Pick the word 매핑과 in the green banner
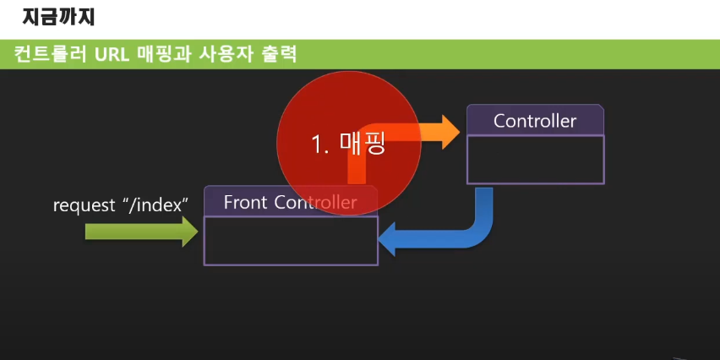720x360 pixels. point(163,54)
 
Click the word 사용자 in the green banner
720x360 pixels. point(225,54)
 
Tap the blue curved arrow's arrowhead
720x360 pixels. point(390,240)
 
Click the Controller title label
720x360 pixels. point(535,121)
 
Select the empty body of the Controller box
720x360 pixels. point(536,159)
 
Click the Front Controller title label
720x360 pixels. point(290,202)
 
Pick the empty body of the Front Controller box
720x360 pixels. point(290,241)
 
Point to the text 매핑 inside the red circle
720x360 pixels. point(363,144)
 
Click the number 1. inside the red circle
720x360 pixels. point(320,145)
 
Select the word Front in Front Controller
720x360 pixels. point(245,202)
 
